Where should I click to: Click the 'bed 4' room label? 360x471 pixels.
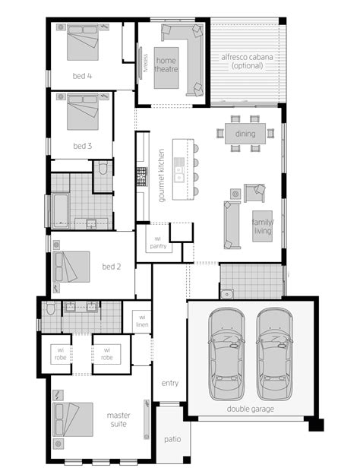(83, 76)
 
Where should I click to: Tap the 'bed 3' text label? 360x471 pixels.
(83, 145)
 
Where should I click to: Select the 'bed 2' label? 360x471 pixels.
(112, 267)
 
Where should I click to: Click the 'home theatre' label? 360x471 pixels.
(166, 65)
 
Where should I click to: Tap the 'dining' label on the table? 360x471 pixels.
(245, 134)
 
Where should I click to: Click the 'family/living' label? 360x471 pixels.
(262, 226)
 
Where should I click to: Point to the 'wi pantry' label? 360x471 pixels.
(158, 242)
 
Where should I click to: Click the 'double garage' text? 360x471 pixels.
(250, 409)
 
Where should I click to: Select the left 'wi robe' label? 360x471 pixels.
(59, 353)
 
